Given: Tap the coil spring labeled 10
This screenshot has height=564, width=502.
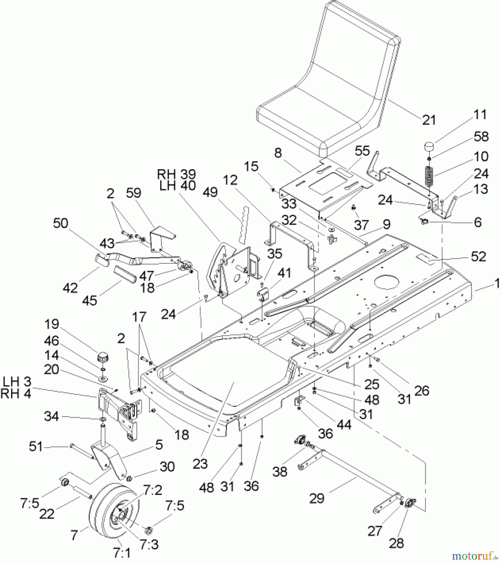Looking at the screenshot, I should point(429,177).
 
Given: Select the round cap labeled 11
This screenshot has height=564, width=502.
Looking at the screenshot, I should point(430,147).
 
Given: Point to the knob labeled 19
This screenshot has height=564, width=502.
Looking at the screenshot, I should point(102,357).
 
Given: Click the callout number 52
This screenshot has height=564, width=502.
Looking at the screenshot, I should point(478,257).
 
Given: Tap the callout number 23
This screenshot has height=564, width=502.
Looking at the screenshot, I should point(200,463).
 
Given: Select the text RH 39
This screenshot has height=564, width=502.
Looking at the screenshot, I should point(176,174).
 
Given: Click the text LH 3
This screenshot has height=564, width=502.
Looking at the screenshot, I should point(17,382).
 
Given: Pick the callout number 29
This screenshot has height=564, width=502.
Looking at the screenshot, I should point(316,498).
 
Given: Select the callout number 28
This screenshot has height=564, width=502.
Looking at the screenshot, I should point(396,543).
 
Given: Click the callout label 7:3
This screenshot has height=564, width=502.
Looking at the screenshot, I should point(149,545).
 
